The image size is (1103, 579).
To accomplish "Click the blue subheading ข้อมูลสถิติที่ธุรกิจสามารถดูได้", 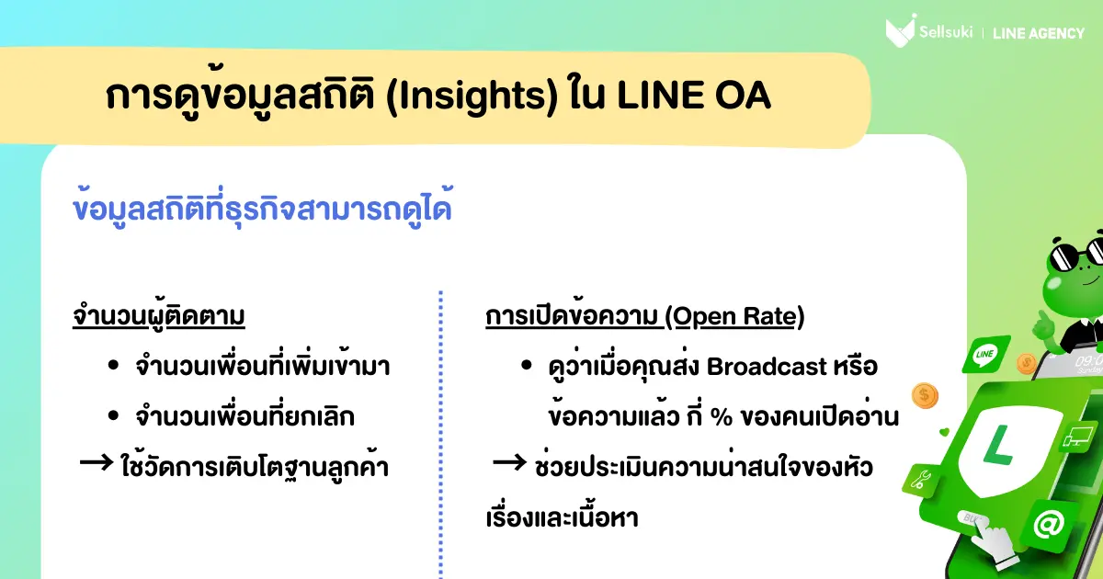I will point(262,208).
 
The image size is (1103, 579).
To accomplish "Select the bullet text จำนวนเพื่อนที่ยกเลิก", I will point(244,415).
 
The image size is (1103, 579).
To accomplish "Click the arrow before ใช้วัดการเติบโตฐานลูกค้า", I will point(96,462).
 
